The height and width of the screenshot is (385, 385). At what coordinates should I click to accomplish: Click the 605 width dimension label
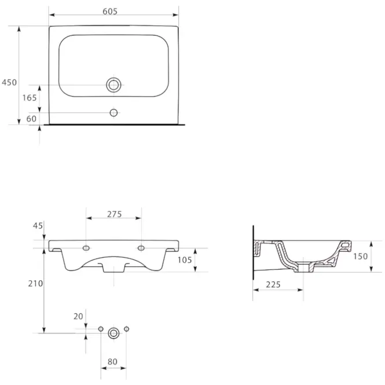(110, 12)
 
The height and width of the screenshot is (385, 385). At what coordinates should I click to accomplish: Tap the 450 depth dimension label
(9, 82)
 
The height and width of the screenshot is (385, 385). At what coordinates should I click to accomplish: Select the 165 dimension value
(30, 98)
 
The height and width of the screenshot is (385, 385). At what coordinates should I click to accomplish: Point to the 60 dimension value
(31, 119)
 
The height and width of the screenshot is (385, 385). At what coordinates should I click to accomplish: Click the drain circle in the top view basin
(113, 85)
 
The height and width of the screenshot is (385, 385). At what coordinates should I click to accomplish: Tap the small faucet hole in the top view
(113, 113)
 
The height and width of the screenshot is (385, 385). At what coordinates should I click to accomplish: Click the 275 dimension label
(115, 214)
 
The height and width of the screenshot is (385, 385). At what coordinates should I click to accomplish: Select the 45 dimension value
(38, 226)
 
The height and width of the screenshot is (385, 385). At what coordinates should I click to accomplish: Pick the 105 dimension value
(185, 260)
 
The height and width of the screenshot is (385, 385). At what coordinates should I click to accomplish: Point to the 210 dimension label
(35, 283)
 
